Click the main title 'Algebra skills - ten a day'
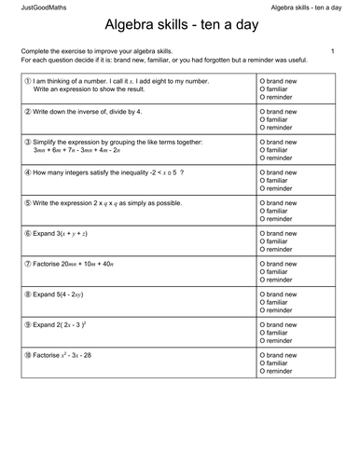pyautogui.click(x=180, y=29)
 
